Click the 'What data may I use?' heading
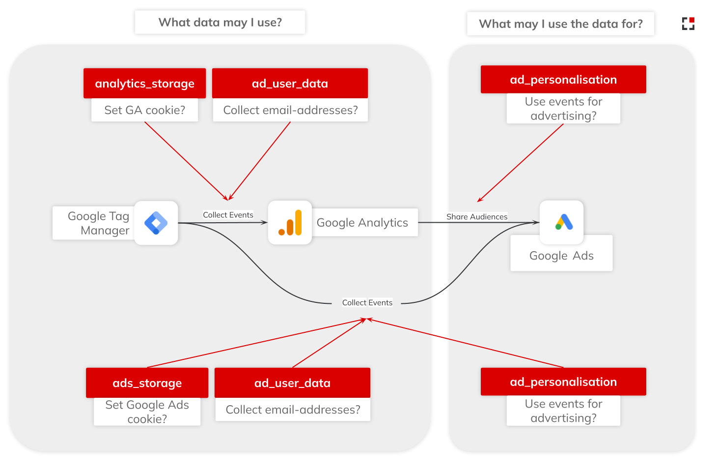tap(220, 22)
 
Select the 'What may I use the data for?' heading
tap(560, 24)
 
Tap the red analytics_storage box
tap(144, 83)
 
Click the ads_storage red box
tap(147, 383)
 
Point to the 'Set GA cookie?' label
tap(144, 110)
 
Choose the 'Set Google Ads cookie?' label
tap(147, 412)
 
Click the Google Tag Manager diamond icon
tap(156, 223)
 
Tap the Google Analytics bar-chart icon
tap(290, 222)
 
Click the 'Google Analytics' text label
tap(362, 223)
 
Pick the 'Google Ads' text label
tap(561, 256)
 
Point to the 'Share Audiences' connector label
tap(476, 217)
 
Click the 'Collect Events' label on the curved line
tap(367, 303)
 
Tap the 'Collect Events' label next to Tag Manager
tap(228, 215)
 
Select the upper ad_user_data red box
tap(290, 83)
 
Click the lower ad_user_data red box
tap(292, 383)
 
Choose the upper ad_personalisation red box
tap(563, 80)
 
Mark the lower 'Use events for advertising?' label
tap(563, 411)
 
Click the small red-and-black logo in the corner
tap(688, 23)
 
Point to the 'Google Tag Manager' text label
tap(98, 223)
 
